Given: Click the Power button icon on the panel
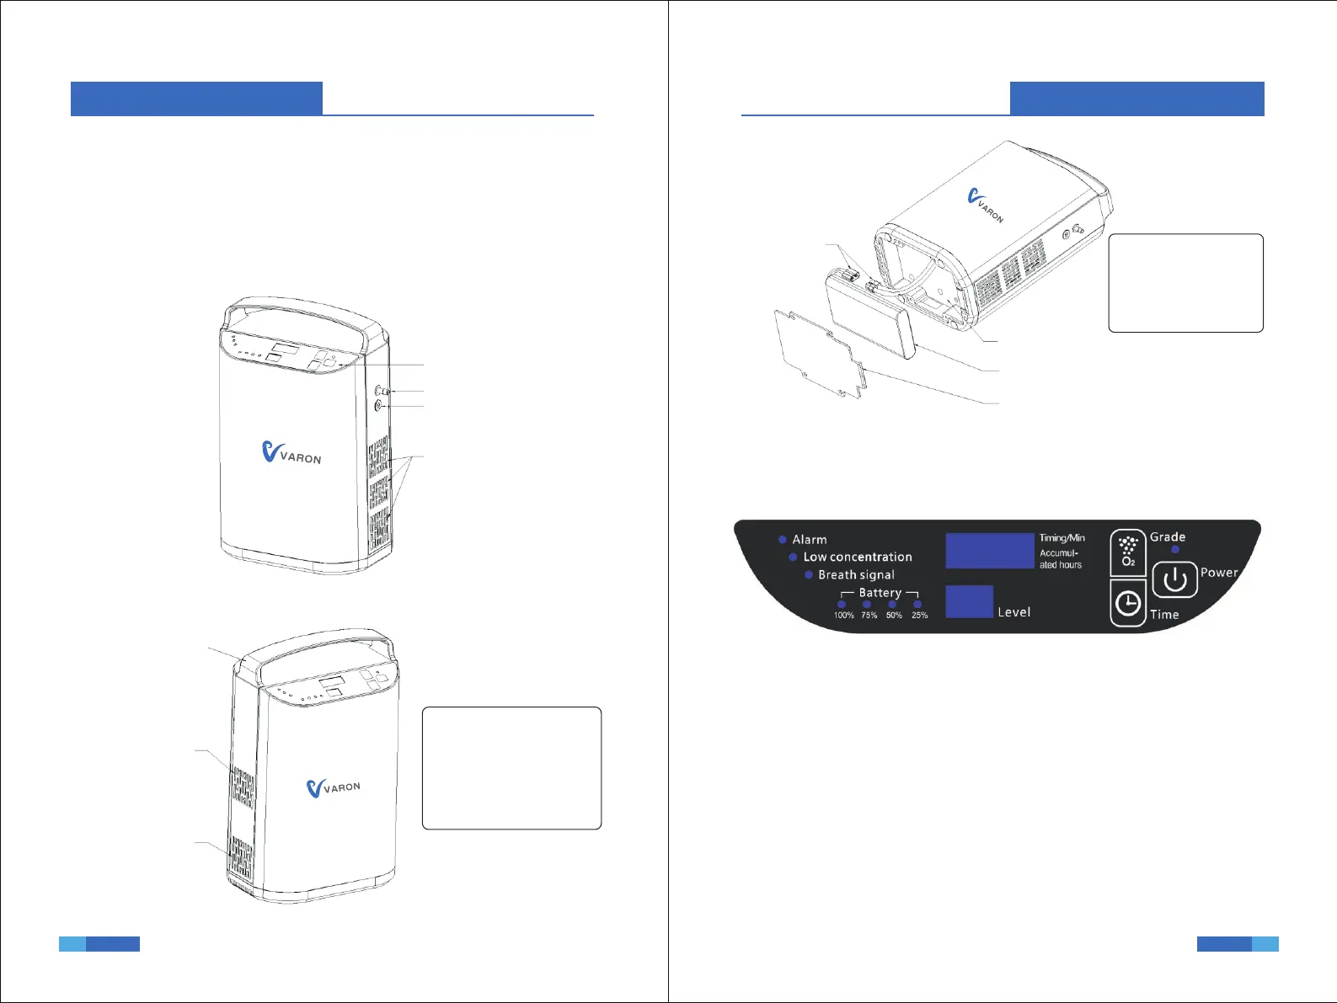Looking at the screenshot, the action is click(1174, 579).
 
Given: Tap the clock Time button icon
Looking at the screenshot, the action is click(1128, 603).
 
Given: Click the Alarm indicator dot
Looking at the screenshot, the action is click(783, 539).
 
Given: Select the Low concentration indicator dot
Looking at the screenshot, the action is click(793, 557).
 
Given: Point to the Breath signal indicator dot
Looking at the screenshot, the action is click(808, 574).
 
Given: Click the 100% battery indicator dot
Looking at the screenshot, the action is click(842, 604).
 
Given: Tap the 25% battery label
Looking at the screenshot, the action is click(919, 616).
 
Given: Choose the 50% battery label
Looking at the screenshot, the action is click(894, 616).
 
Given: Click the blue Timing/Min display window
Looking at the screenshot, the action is click(989, 551).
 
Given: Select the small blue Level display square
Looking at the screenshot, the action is click(969, 601).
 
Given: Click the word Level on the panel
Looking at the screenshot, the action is click(1013, 612).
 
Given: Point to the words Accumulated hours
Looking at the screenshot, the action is click(1060, 559).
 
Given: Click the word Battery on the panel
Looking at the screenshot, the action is click(880, 593).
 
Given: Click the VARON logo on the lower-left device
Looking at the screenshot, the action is click(334, 787).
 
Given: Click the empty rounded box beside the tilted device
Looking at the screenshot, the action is click(1185, 283).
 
